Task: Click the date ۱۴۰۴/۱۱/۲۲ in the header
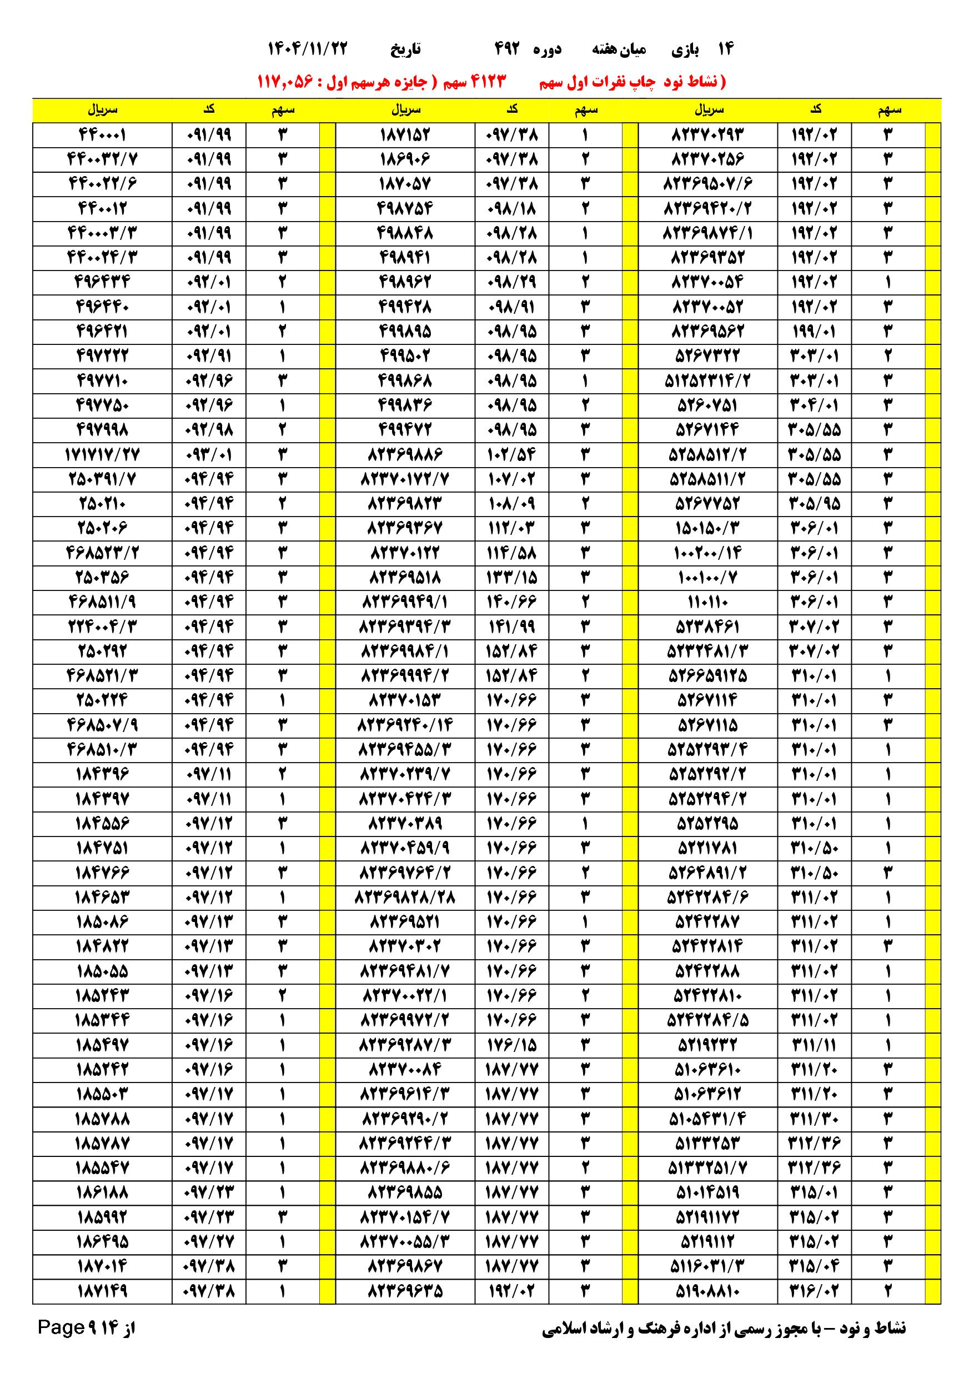[x=307, y=49]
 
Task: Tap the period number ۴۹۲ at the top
[x=506, y=49]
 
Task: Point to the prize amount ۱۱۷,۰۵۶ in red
[x=285, y=81]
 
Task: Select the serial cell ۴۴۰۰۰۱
[x=102, y=135]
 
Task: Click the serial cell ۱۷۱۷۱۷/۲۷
[x=102, y=455]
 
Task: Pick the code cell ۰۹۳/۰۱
[x=209, y=455]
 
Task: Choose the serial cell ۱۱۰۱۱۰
[x=707, y=602]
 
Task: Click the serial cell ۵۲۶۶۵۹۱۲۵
[x=707, y=676]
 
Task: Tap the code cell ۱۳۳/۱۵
[x=511, y=578]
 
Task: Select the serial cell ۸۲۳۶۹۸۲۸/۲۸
[x=405, y=897]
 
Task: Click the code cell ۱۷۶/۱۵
[x=511, y=1045]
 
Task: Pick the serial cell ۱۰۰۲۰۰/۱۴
[x=707, y=553]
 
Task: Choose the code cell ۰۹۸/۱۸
[x=511, y=209]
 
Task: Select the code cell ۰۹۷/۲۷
[x=209, y=1241]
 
